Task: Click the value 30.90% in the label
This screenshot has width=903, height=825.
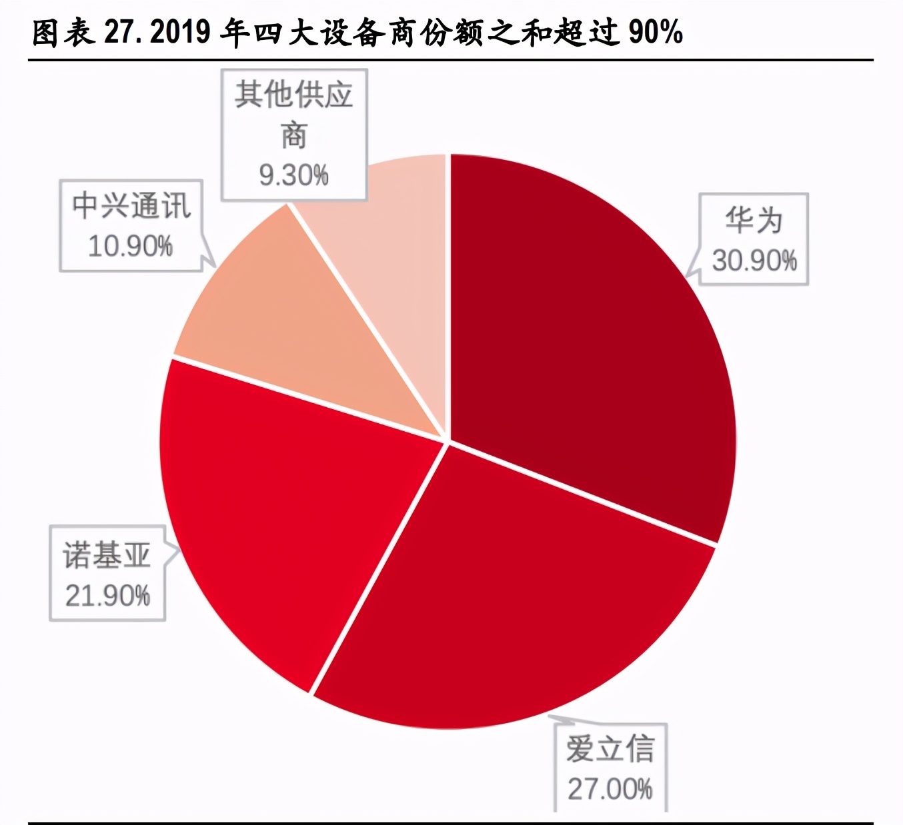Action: coord(754,261)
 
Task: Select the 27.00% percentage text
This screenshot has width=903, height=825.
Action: coord(610,789)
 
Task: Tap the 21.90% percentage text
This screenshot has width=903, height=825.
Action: coord(107,595)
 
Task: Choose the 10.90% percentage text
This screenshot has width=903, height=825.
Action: coord(130,246)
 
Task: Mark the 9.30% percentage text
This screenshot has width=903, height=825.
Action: coord(293,175)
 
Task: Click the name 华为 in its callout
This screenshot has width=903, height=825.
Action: coord(754,221)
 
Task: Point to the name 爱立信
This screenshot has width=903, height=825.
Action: coord(610,749)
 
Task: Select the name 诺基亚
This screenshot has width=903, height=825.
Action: coord(107,555)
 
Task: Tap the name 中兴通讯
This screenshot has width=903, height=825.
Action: coord(131,205)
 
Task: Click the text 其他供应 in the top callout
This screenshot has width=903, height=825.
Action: coord(293,95)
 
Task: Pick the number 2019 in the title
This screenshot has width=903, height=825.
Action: coord(180,32)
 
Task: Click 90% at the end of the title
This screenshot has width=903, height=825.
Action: coord(656,32)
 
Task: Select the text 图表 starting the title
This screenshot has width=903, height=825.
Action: coord(63,32)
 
